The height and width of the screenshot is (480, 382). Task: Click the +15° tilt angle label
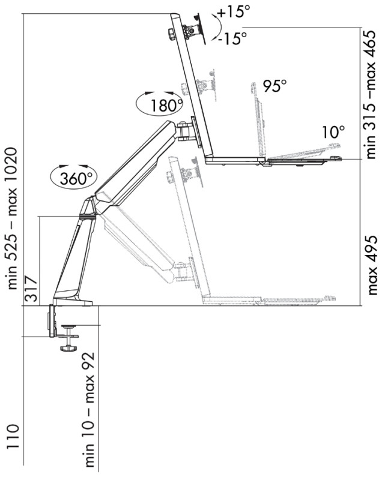click(x=234, y=12)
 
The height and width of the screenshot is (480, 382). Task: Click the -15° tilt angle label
click(x=232, y=38)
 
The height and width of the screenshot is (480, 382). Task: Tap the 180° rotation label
click(x=166, y=106)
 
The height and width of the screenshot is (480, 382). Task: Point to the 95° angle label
click(x=274, y=86)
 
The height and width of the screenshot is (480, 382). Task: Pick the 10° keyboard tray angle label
click(x=333, y=132)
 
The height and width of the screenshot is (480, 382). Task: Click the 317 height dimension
click(x=31, y=290)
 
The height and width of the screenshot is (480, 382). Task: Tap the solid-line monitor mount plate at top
click(x=199, y=28)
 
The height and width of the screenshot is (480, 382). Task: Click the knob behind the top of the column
click(x=171, y=34)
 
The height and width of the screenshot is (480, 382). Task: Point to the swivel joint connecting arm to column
click(x=185, y=131)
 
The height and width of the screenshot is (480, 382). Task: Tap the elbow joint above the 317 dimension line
click(x=89, y=208)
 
